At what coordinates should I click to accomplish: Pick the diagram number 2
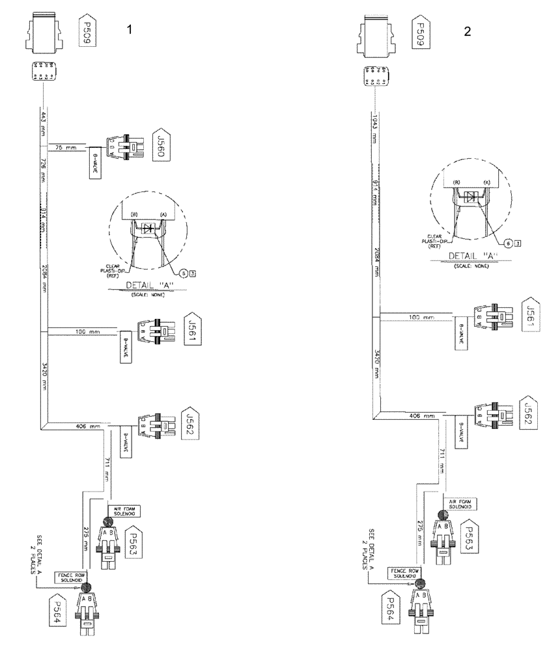[468, 32]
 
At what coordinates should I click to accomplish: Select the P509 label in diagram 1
[85, 31]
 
